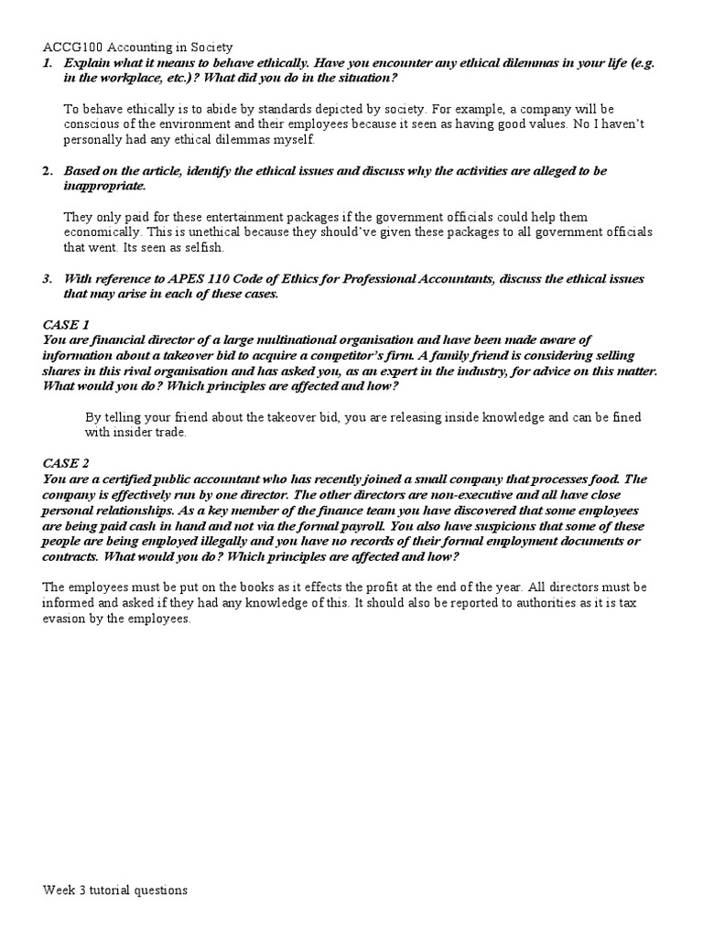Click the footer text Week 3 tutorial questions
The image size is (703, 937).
[x=114, y=890]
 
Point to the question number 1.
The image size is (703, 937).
[x=48, y=62]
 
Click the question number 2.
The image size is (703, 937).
[x=48, y=171]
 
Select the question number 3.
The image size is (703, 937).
[x=48, y=278]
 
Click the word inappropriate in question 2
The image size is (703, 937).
[x=104, y=187]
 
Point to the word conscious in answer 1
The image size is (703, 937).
[x=91, y=124]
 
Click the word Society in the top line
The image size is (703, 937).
[x=209, y=47]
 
